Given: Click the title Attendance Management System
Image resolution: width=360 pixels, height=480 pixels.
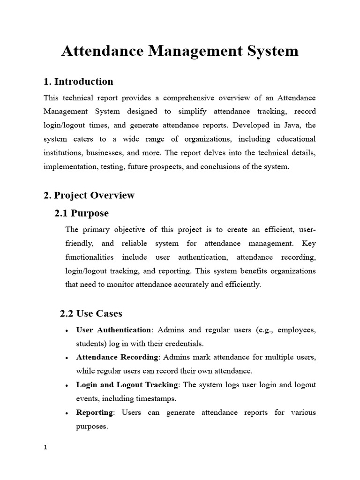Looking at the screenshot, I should [x=180, y=51].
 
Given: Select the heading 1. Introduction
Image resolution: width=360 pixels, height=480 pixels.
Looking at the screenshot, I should [x=78, y=82].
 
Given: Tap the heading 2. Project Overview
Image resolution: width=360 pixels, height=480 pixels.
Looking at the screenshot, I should [x=89, y=195].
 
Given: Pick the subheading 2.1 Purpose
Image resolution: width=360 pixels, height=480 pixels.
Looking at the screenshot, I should [x=82, y=213].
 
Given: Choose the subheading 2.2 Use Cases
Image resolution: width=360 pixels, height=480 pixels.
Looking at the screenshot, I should [x=92, y=313].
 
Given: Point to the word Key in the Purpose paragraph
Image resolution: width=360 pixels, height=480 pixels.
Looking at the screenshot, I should [x=309, y=243].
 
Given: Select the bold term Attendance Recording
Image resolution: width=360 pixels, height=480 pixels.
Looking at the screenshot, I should [x=117, y=357].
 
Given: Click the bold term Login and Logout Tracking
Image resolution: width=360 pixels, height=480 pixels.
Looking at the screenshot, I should [x=127, y=385].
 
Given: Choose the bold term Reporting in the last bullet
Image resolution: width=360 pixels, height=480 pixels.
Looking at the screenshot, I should [x=95, y=412].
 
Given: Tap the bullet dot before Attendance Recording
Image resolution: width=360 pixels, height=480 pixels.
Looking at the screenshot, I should [x=67, y=358].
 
